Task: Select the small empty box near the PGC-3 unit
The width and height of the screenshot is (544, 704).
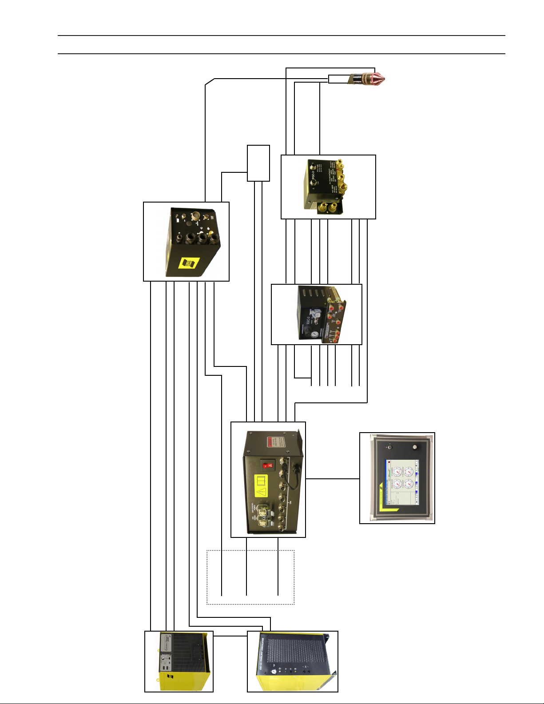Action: pos(258,163)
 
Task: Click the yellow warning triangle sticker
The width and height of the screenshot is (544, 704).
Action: pos(262,492)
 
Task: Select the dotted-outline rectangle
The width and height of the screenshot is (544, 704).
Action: pos(250,577)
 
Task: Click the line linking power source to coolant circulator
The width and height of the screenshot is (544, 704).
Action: pos(230,636)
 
